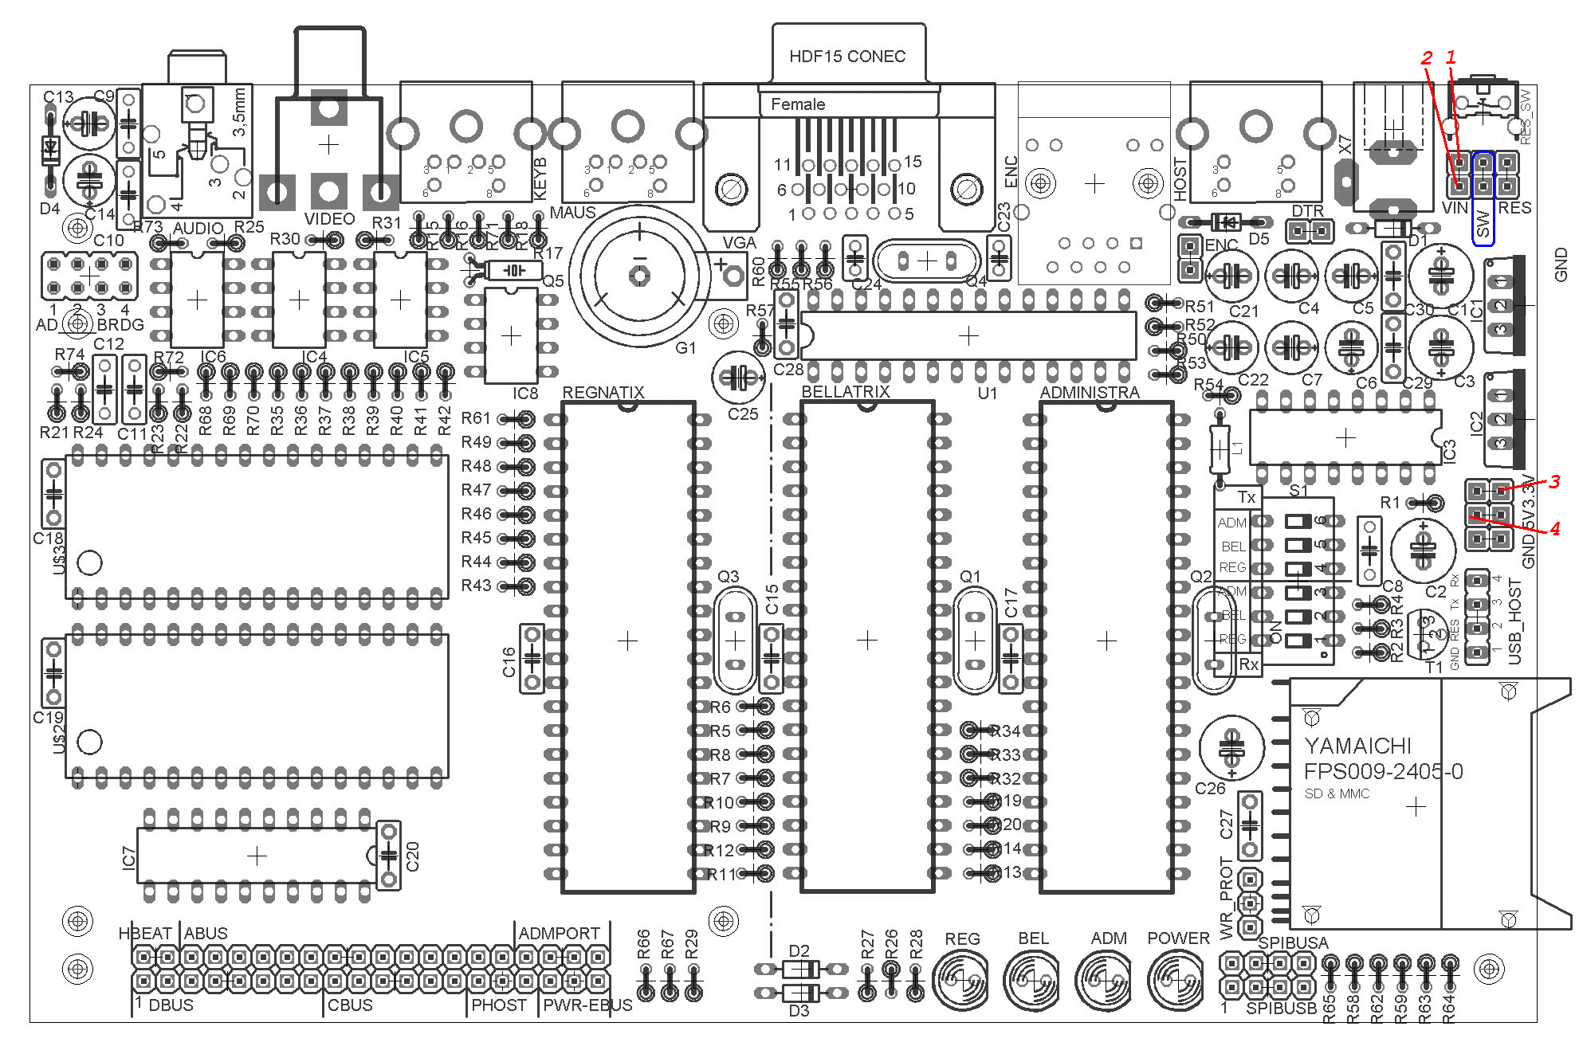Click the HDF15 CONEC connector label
[846, 57]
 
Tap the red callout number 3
[1553, 482]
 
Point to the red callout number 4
[1554, 528]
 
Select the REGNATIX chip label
[603, 392]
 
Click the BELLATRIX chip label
[845, 392]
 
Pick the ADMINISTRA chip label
[1089, 392]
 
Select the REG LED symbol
[960, 979]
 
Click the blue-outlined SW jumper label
[1483, 223]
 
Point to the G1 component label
[685, 348]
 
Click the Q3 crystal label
[728, 576]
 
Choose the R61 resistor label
[476, 417]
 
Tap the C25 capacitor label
[742, 414]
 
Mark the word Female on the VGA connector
[797, 104]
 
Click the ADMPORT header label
[559, 933]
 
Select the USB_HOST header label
[1515, 621]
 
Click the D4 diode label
[49, 209]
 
